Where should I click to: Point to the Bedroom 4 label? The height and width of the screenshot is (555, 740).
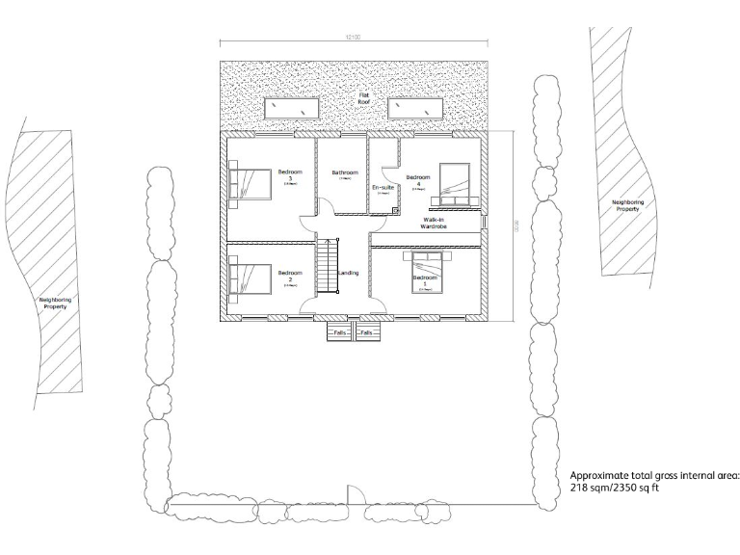pos(417,180)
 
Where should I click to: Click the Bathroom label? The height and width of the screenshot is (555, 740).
pos(344,173)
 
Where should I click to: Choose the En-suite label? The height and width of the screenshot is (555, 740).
pos(383,187)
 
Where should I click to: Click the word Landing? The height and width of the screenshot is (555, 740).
pos(349,274)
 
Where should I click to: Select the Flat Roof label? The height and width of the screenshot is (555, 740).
pos(364,99)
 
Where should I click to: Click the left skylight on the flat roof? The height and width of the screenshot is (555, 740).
pos(290,108)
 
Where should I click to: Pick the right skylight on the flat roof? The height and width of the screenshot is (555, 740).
pos(415,108)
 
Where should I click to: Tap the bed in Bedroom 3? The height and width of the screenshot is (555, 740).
pos(250,183)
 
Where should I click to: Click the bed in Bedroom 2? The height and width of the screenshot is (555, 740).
pos(250,277)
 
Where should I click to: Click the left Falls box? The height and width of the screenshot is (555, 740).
pos(339,332)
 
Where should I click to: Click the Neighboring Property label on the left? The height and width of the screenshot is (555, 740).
pos(54,302)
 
